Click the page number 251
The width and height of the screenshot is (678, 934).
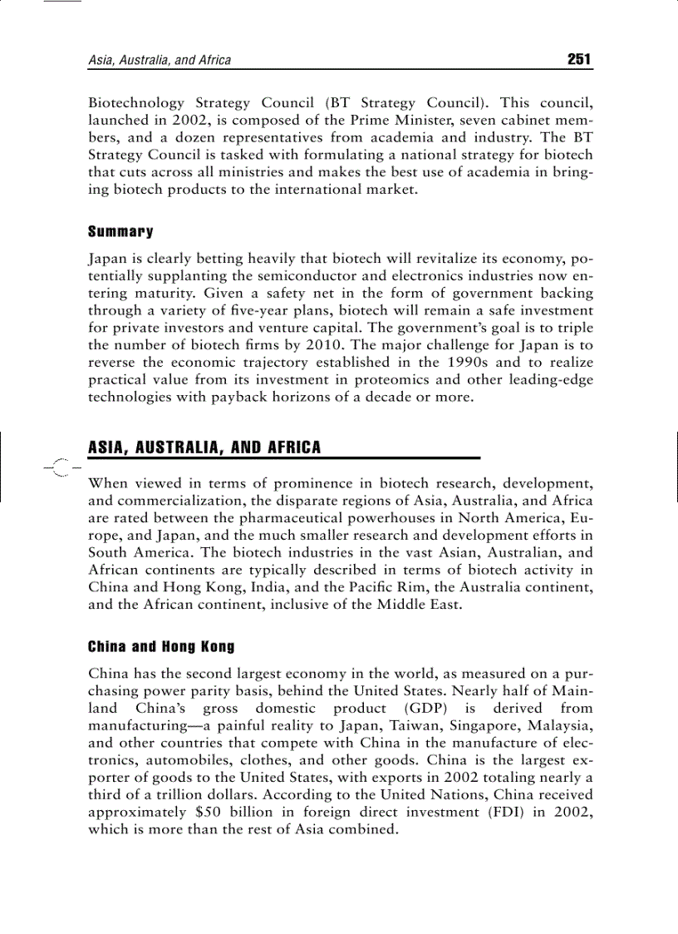point(578,59)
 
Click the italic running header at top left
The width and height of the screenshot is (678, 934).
point(160,60)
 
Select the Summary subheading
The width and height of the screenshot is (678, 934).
point(120,231)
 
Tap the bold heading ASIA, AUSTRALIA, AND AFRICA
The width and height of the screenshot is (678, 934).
point(204,447)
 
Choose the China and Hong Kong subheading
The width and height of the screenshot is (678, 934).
point(161,646)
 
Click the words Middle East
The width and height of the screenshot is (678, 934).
point(425,605)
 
